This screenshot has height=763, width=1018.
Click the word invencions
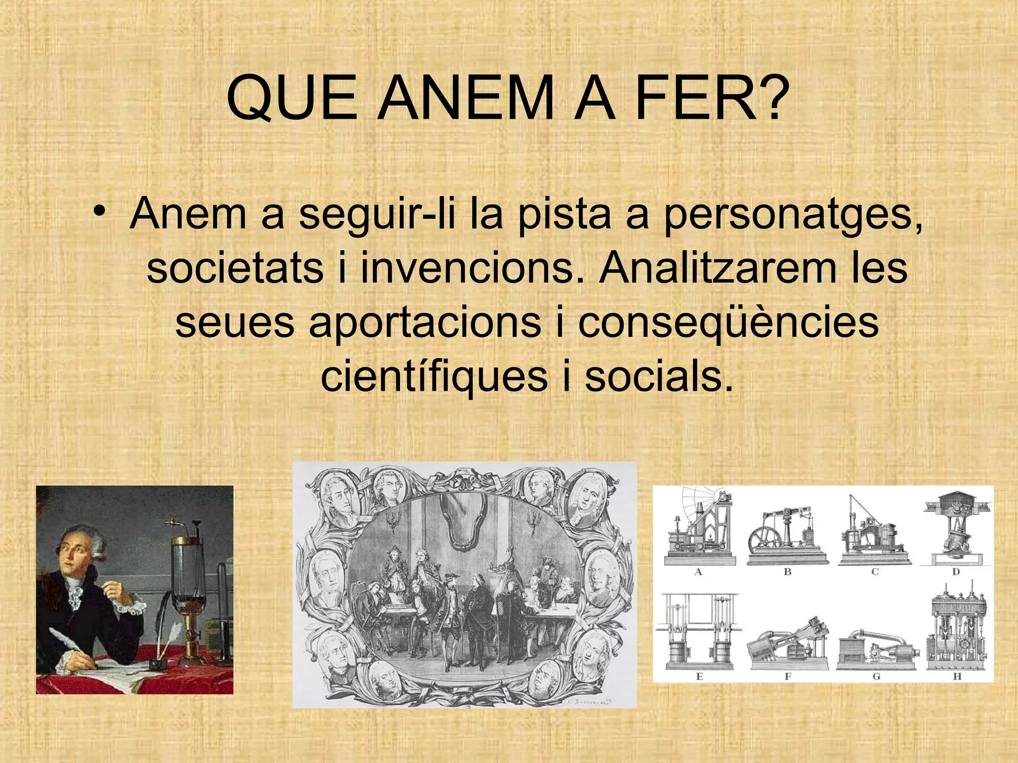point(467,269)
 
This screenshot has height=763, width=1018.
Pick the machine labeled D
point(956,530)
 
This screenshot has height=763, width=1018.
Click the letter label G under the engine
point(876,676)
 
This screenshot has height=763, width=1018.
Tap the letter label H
point(957,676)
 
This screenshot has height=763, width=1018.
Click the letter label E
point(699,676)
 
